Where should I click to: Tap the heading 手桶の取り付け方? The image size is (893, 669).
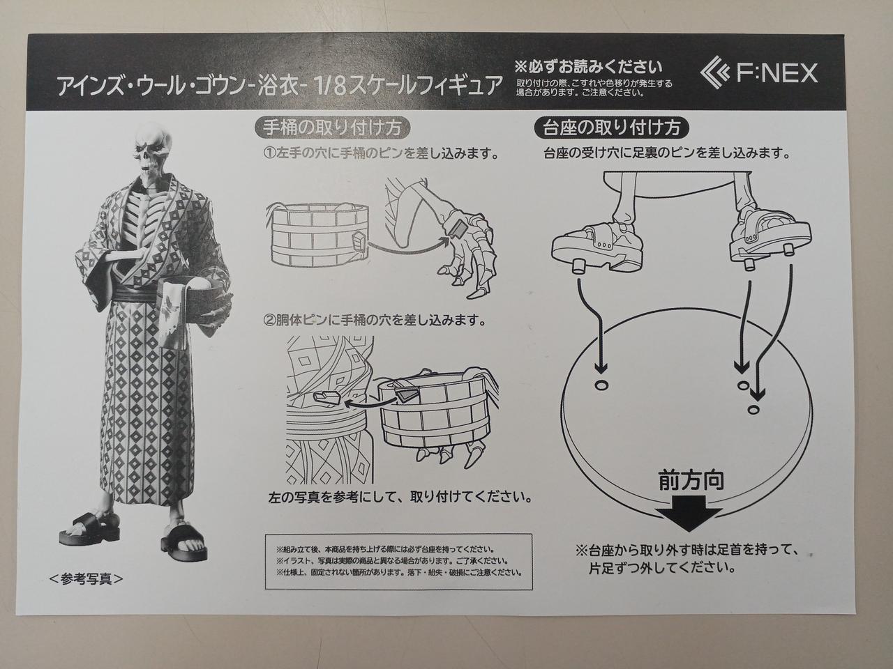(x=331, y=128)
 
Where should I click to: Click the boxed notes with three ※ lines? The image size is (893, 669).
(x=398, y=562)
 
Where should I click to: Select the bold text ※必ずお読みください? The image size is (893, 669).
(x=588, y=67)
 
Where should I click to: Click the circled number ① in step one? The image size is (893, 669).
(x=269, y=154)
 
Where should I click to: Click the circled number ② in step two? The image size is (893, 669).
(x=270, y=321)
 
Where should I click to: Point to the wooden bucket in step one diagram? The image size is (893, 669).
(x=317, y=236)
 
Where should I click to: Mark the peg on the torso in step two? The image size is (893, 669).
(x=327, y=397)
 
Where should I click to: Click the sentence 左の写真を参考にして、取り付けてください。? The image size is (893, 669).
(x=400, y=497)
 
